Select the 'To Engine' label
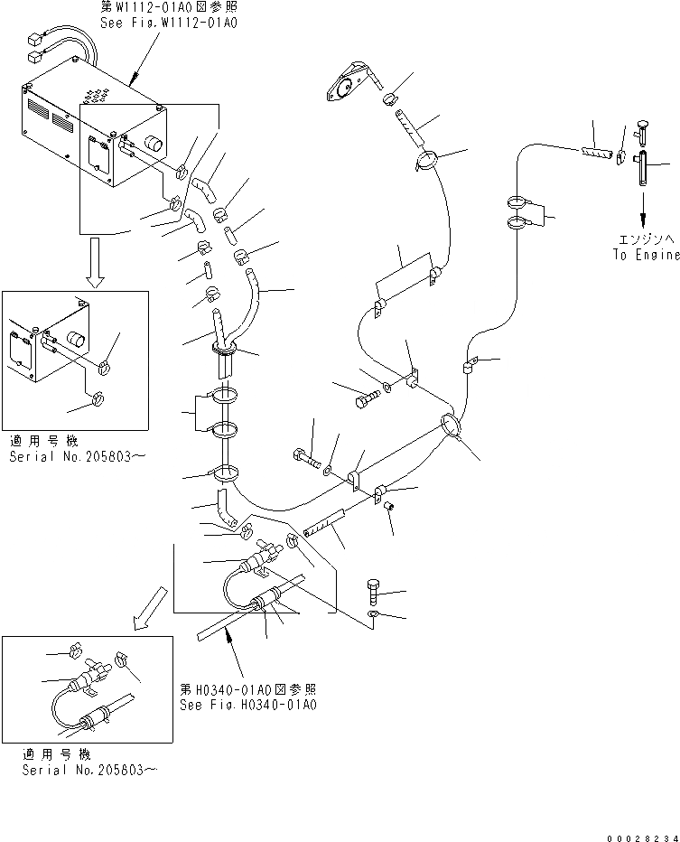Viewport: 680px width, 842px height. coord(643,255)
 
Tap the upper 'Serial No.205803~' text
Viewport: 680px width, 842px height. coord(76,457)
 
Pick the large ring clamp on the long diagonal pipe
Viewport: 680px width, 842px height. coord(452,424)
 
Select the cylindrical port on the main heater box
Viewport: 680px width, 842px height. coord(154,143)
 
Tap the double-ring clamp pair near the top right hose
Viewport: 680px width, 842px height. coord(519,212)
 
